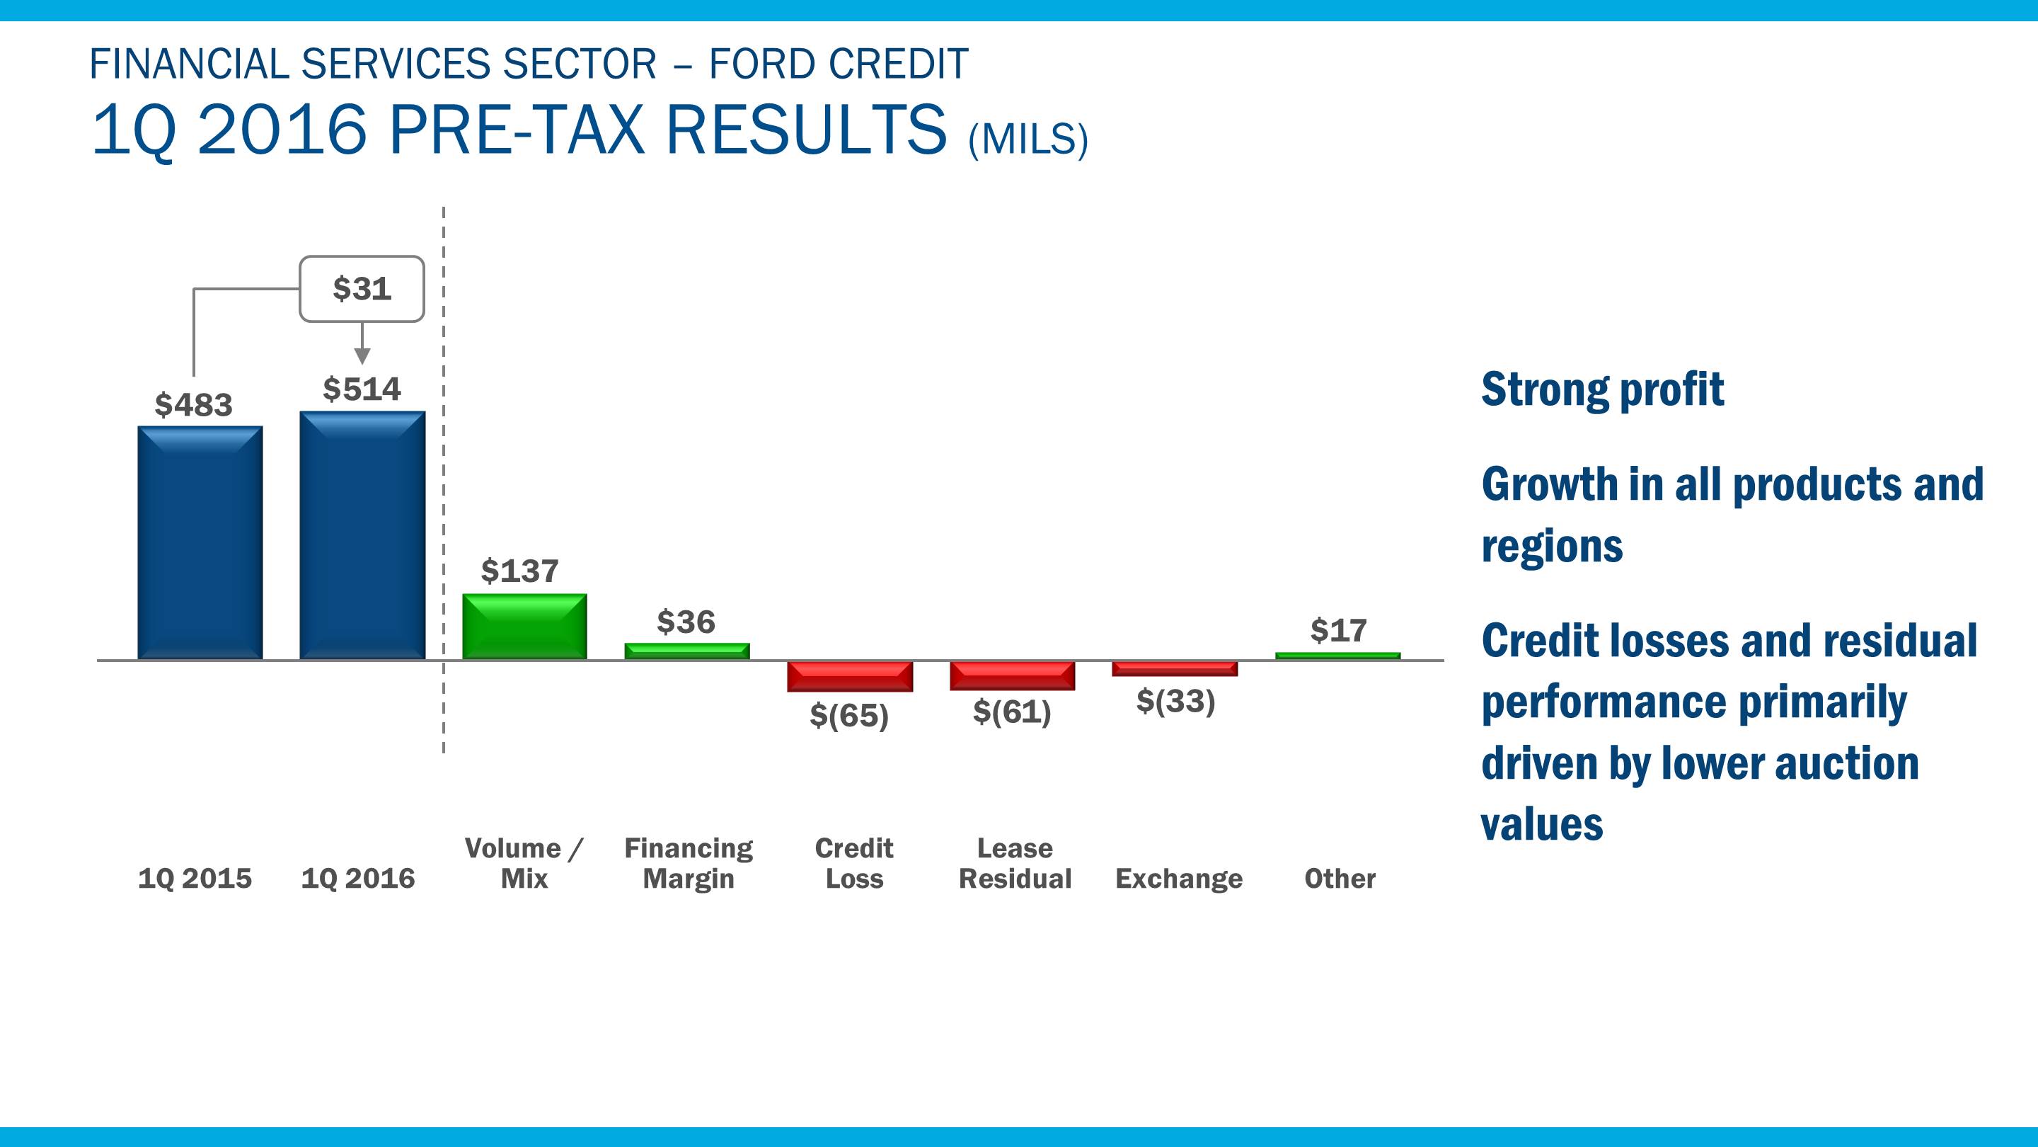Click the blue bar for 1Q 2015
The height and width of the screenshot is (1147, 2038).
tap(200, 543)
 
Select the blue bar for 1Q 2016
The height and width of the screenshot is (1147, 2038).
tap(362, 535)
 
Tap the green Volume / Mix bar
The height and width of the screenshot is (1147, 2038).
tap(524, 626)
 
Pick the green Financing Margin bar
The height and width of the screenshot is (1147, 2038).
tap(686, 651)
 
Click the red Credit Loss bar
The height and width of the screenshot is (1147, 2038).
tap(850, 676)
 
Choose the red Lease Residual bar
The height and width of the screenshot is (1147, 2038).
tap(1012, 675)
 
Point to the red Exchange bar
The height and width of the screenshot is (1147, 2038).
tap(1175, 668)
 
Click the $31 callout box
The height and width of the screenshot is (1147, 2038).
tap(362, 289)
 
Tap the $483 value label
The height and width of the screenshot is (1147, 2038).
tap(194, 405)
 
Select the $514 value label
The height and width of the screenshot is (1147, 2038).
tap(362, 389)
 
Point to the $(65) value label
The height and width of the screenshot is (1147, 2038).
tap(849, 716)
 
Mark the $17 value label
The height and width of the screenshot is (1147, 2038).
tap(1339, 631)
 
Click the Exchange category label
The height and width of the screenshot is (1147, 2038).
tap(1179, 879)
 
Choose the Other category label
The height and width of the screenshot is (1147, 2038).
tap(1340, 879)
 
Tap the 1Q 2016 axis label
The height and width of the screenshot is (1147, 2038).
tap(357, 879)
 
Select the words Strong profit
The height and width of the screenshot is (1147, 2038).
tap(1602, 389)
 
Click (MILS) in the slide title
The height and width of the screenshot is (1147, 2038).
tap(1027, 140)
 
